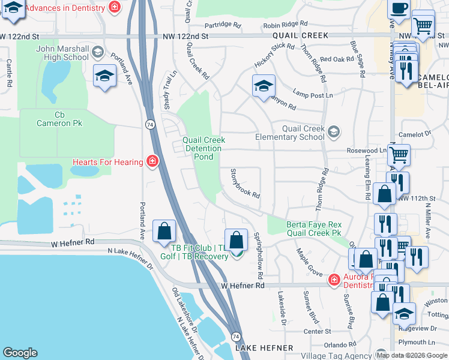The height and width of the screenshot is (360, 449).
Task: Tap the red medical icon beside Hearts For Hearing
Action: point(153,161)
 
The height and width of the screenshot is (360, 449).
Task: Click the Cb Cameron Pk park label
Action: point(59,119)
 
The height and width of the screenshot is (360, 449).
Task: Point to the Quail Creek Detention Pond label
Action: point(203,148)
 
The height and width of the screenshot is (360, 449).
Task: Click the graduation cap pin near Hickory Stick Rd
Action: point(263,86)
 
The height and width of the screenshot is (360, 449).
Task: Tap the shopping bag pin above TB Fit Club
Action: point(237,239)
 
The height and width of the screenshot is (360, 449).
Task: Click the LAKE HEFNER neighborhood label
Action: point(264,348)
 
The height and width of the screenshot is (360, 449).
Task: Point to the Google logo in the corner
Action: point(20,353)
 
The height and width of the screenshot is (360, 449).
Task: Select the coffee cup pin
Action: point(399,9)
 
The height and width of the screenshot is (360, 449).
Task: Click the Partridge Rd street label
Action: point(222,25)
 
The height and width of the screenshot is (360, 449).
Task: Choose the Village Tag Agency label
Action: point(336,355)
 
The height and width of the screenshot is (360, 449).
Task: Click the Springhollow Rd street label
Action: point(258,256)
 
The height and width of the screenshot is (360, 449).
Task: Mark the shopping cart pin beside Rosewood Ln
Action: point(398,155)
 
